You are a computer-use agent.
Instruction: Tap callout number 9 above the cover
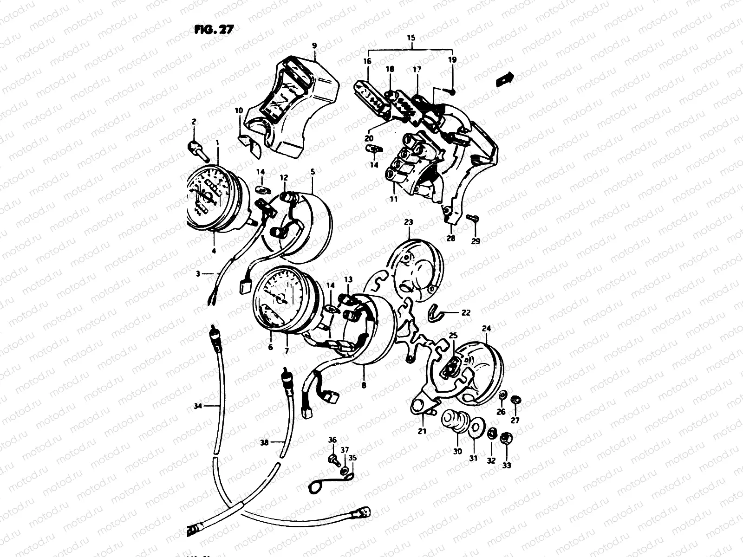click(314, 45)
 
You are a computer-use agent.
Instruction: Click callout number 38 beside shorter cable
click(264, 443)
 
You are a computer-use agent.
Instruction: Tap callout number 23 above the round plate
click(408, 223)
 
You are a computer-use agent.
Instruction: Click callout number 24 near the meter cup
click(486, 329)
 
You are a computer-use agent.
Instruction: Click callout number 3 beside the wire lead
click(198, 274)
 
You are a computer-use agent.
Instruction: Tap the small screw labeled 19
click(452, 89)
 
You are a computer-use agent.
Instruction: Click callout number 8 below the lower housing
click(364, 385)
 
